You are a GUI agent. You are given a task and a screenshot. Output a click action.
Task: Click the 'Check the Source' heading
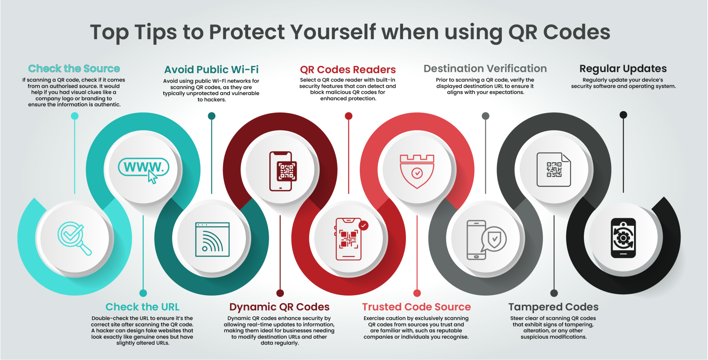[74, 68]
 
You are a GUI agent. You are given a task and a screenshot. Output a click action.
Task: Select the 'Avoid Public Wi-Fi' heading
[211, 70]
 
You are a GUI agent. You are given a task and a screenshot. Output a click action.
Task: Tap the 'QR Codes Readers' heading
[348, 70]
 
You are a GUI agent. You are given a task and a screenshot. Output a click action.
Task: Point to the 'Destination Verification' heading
[485, 68]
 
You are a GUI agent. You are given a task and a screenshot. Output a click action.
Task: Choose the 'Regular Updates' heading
[623, 68]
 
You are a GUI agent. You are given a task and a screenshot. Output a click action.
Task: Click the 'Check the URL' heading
[142, 307]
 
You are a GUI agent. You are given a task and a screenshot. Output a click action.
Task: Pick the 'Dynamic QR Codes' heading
[279, 307]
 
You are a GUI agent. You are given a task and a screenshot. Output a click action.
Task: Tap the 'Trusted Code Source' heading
[416, 307]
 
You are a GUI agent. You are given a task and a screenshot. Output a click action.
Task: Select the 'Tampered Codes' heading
[553, 307]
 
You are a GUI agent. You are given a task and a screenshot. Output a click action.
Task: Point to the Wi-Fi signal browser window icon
[212, 239]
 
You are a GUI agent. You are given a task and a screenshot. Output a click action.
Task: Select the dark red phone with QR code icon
[281, 171]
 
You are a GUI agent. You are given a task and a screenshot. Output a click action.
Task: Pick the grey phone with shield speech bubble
[485, 239]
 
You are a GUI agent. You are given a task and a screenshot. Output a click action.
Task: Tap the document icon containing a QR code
[553, 169]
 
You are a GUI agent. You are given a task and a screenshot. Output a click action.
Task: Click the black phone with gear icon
[623, 238]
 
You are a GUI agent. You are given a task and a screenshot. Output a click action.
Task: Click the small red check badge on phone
[363, 225]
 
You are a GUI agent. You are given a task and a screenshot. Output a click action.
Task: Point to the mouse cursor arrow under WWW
[152, 177]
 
